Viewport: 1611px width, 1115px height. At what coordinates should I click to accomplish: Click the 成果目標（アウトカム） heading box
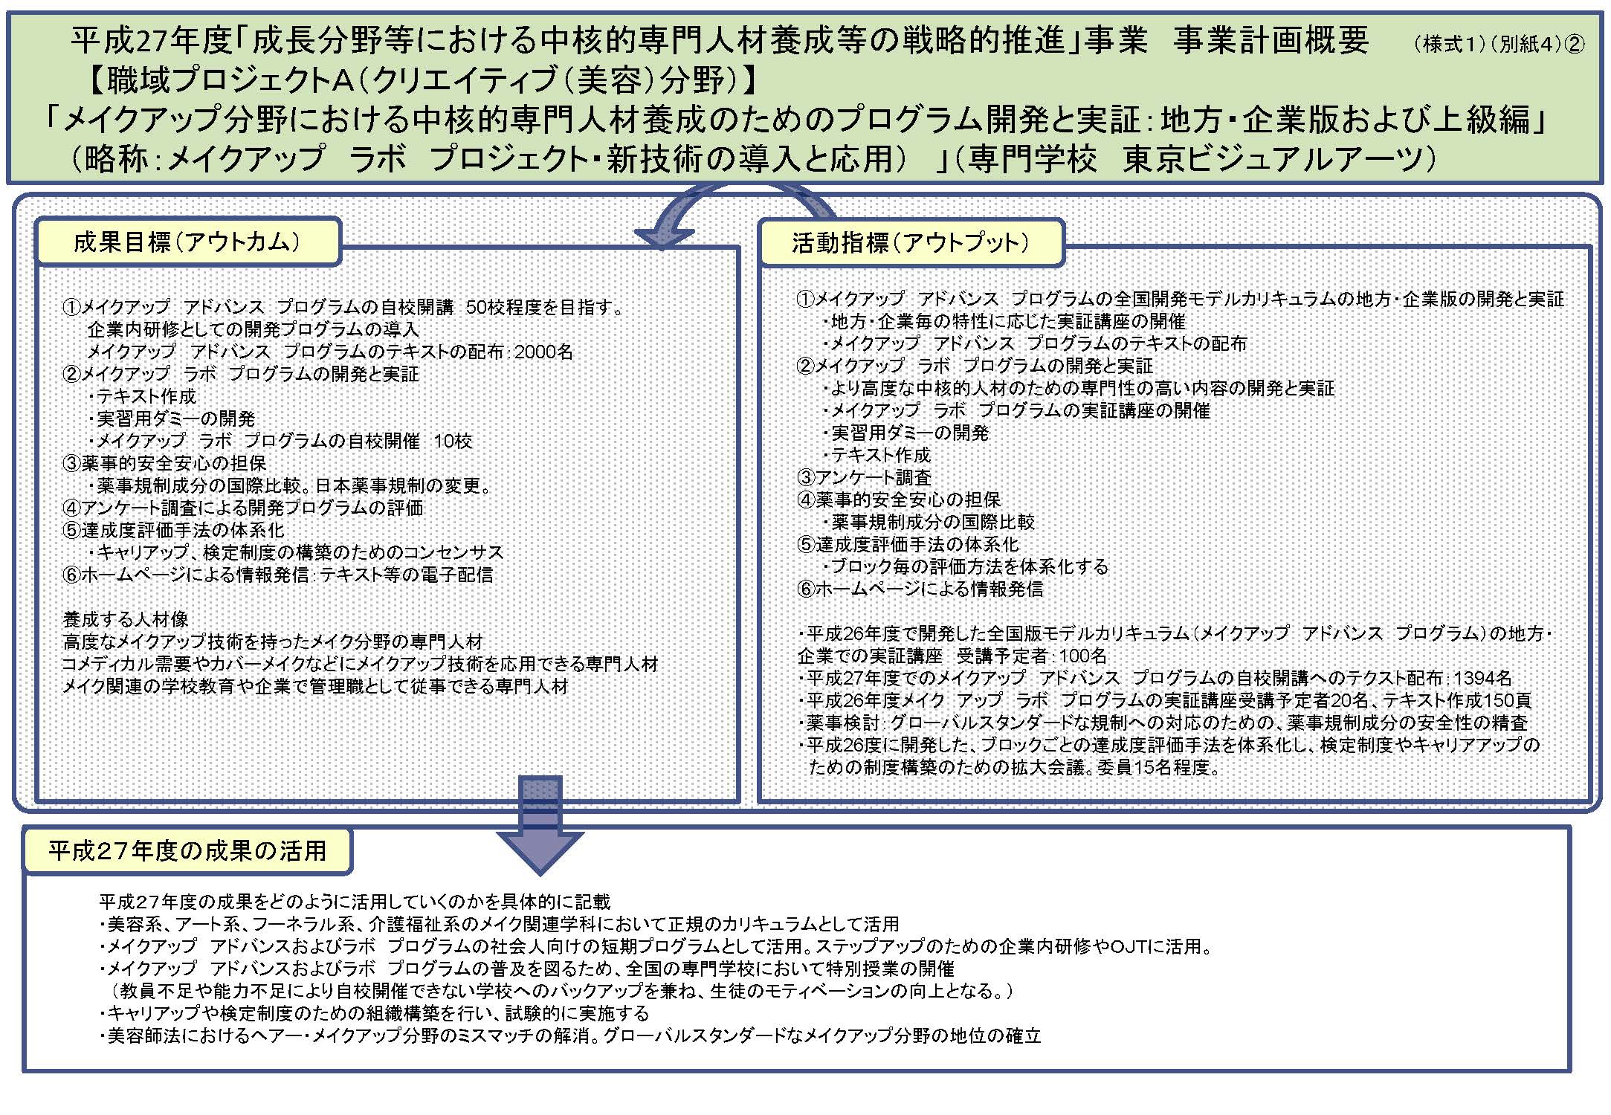[188, 242]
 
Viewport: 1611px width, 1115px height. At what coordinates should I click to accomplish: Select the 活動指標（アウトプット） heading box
[911, 242]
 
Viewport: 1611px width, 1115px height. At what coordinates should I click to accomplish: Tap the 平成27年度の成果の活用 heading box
[188, 850]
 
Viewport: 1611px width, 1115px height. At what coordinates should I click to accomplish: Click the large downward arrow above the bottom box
[540, 825]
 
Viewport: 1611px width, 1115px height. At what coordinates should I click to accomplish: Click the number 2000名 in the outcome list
[543, 352]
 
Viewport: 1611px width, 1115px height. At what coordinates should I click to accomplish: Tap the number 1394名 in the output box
[1482, 678]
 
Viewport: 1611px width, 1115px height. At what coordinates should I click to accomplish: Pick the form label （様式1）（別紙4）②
[1499, 45]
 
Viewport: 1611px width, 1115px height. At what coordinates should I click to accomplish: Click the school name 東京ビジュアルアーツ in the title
[1278, 158]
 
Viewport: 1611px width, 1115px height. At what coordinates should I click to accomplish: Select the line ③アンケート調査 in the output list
[864, 477]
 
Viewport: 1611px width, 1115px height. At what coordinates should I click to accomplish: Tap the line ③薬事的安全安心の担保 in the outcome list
[164, 463]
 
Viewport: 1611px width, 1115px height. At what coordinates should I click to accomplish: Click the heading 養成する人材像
[126, 619]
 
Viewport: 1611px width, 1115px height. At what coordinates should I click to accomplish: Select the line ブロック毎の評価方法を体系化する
[965, 566]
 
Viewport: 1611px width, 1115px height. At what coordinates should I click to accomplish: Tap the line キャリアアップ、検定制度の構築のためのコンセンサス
[296, 552]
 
